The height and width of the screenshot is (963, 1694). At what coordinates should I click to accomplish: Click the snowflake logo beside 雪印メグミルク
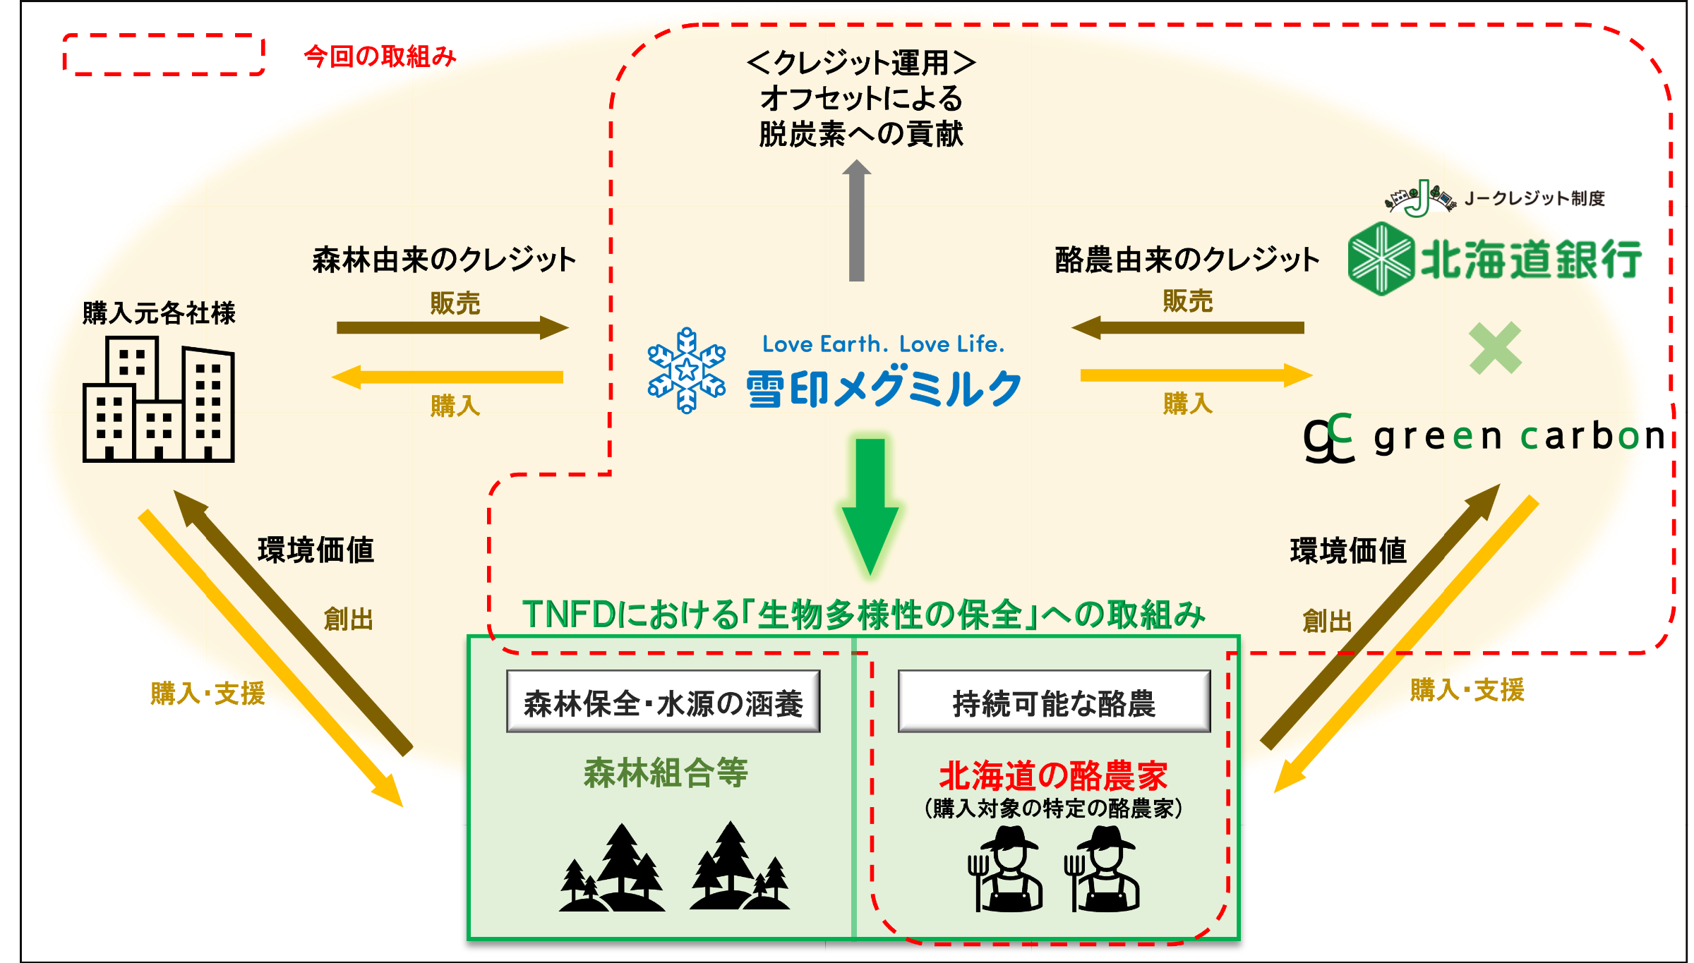coord(686,370)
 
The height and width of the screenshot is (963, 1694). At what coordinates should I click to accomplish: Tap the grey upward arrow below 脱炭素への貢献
coord(857,222)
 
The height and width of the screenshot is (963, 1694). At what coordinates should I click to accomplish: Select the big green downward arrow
coord(870,504)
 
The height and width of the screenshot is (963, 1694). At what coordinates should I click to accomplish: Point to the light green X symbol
coord(1495,348)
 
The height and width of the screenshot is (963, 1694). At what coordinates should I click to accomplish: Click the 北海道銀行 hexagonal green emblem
coord(1381,258)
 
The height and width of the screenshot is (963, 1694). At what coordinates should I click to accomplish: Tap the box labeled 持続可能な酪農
coord(1054,702)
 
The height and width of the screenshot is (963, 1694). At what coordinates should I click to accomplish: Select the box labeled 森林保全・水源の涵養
coord(663,702)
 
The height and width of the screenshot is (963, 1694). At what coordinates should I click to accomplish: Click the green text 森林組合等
coord(665,773)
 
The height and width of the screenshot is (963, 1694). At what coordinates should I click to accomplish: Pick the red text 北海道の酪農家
coord(1053,775)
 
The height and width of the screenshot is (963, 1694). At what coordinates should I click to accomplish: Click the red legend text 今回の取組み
coord(380,56)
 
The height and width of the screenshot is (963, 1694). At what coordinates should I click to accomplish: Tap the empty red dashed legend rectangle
coord(164,54)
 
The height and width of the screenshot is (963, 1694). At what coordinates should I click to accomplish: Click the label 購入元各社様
coord(159,313)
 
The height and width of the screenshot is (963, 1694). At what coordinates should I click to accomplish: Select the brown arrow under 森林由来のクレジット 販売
coord(452,327)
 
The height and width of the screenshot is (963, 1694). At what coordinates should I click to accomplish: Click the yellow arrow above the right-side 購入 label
coord(1196,375)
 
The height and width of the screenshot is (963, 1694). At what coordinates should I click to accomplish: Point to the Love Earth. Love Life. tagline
coord(883,344)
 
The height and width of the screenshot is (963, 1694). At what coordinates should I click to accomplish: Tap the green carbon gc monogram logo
coord(1329,438)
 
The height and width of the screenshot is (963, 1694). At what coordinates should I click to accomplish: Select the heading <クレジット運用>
coord(861,63)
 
